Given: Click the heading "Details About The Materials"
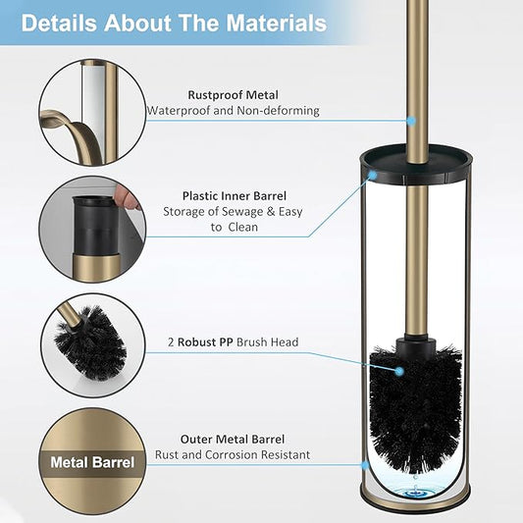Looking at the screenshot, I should pyautogui.click(x=174, y=23).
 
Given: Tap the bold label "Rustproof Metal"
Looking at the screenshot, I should pyautogui.click(x=233, y=95).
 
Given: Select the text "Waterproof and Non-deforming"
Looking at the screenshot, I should pyautogui.click(x=234, y=111).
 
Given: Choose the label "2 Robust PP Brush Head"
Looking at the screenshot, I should pyautogui.click(x=233, y=342).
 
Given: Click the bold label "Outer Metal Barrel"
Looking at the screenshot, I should pyautogui.click(x=233, y=439).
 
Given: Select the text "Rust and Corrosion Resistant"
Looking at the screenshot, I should pyautogui.click(x=233, y=454).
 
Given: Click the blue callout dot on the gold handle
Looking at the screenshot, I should pyautogui.click(x=412, y=120).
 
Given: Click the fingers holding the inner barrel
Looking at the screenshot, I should pyautogui.click(x=127, y=196).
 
